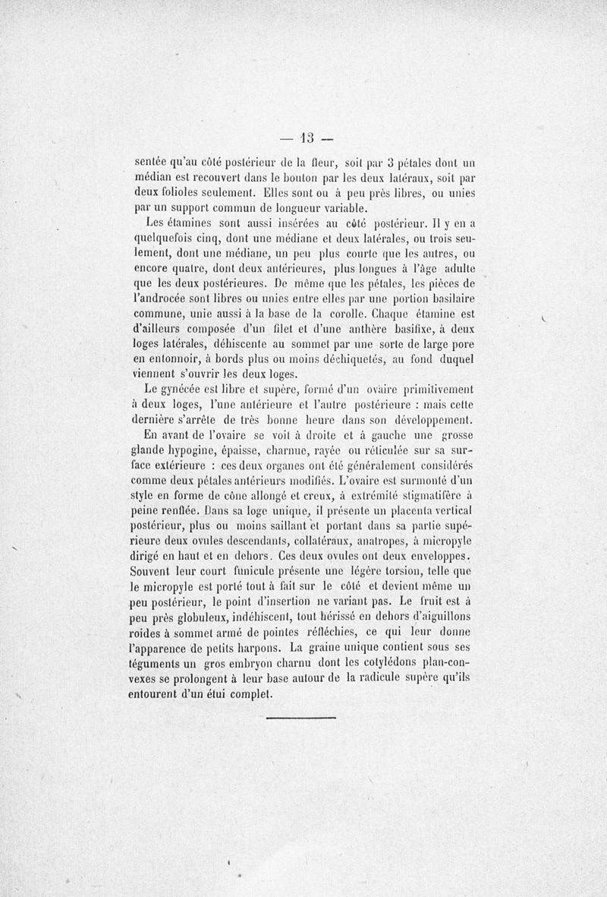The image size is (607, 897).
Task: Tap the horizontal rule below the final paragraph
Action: click(x=300, y=716)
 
